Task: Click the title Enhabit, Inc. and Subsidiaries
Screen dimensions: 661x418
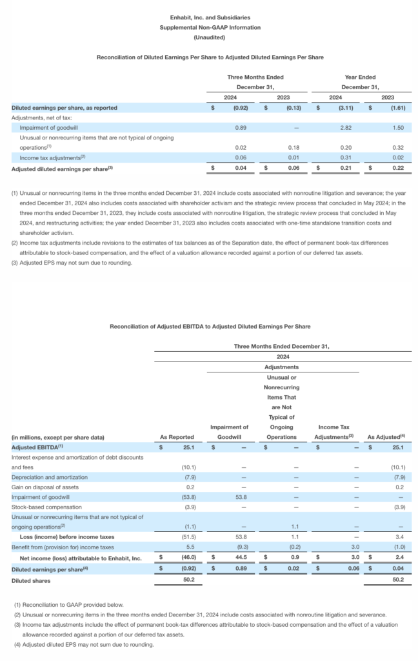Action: [210, 17]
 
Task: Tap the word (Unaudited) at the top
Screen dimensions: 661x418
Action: [210, 37]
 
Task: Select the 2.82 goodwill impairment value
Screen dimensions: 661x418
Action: [336, 128]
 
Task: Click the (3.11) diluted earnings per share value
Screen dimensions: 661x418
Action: [336, 108]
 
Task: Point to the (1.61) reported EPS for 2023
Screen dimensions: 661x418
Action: [393, 108]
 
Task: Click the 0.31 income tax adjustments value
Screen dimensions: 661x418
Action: [336, 158]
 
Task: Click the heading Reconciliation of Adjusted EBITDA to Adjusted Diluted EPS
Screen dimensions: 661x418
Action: [210, 327]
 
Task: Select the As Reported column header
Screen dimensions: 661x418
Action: [177, 437]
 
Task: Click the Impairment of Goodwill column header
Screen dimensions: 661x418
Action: [229, 432]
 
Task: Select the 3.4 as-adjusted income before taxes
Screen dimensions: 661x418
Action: [399, 537]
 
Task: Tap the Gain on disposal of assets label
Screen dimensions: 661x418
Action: [41, 487]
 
